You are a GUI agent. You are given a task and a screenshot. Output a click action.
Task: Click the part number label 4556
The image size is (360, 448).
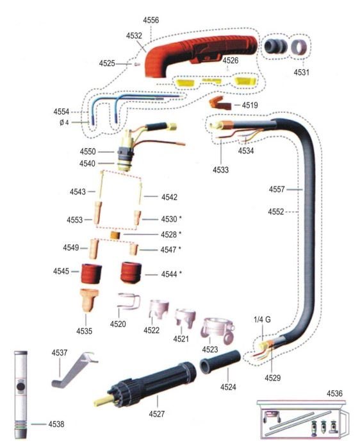pos(151,21)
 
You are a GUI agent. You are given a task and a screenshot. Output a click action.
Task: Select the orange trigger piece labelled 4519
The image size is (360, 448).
pos(220,103)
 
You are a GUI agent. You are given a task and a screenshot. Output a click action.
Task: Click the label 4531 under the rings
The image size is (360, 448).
pos(302,72)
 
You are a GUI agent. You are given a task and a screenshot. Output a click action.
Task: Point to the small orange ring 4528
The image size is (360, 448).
pos(115,235)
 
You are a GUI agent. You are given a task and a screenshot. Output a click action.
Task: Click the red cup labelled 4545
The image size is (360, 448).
pos(92,274)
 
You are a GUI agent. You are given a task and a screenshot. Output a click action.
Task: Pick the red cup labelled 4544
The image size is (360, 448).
pos(131,272)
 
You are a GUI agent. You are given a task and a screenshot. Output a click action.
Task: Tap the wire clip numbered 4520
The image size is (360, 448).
pos(129,301)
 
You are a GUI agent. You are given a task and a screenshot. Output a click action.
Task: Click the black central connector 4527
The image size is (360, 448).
pos(145,385)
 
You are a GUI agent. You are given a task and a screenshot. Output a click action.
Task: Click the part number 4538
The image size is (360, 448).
pos(56,424)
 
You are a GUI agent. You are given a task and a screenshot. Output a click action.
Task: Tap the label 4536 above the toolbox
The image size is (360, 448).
pos(334,394)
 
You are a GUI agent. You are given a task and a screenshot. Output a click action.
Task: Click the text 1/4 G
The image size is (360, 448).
pos(262,319)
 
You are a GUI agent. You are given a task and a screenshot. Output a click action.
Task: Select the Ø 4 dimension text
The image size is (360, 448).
pos(64,122)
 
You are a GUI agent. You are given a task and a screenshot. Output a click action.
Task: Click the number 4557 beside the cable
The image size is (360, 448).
pos(277,189)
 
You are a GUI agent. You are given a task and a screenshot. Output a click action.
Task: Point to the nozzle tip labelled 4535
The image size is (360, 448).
pos(89,301)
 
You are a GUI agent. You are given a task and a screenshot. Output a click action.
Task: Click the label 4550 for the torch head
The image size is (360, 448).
pos(88,151)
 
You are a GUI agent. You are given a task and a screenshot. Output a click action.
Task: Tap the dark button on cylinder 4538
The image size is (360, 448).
pos(21,387)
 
